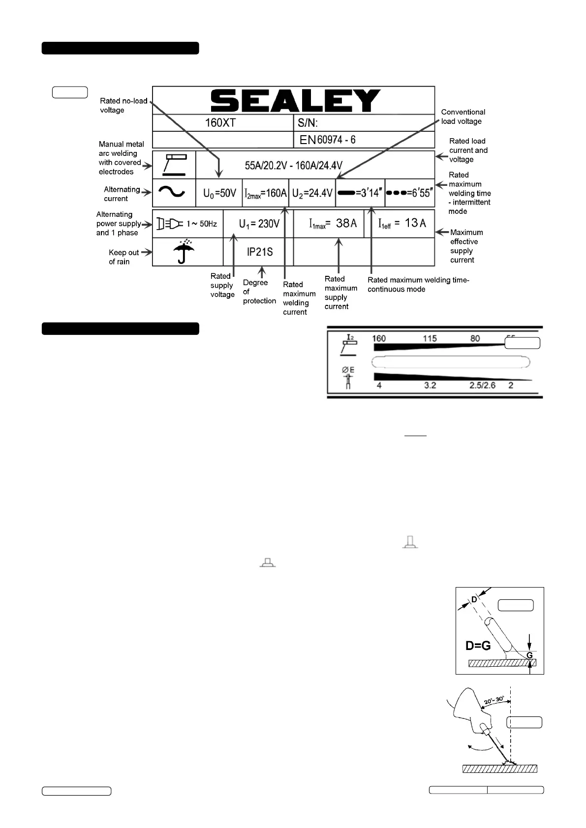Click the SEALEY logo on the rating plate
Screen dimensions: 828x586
click(295, 101)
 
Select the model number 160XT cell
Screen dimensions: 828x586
click(220, 122)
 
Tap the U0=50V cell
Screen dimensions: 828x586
click(219, 193)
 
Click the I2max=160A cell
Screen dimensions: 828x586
click(266, 193)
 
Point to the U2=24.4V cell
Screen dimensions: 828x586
click(312, 193)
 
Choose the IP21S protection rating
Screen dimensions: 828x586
click(260, 252)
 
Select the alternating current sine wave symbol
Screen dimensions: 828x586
click(172, 192)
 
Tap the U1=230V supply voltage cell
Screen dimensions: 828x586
click(259, 224)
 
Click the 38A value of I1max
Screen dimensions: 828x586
click(346, 223)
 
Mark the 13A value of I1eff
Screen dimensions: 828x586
click(415, 223)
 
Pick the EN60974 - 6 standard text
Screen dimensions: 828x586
click(328, 140)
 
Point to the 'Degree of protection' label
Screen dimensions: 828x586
click(259, 292)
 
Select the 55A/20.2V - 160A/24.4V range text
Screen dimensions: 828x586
click(294, 165)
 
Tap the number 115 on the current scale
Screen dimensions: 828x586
click(430, 338)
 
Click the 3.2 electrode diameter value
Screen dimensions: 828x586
click(430, 385)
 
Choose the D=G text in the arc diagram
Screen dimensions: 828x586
click(478, 646)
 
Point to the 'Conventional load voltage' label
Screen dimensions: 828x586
click(463, 117)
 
